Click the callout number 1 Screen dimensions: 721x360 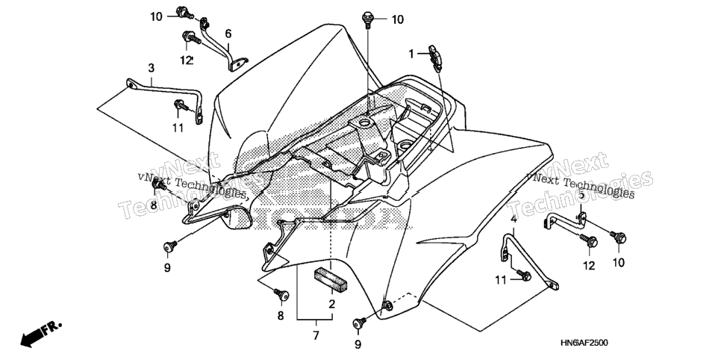point(411,55)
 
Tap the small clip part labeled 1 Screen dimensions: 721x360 point(435,58)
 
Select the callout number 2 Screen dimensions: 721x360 point(331,304)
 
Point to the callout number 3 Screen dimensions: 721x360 point(152,69)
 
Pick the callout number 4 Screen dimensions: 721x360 point(514,220)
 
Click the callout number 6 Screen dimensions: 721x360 point(228,34)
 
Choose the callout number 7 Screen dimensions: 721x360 point(316,335)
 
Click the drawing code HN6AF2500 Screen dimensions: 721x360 point(584,343)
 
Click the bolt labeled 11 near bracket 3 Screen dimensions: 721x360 point(181,106)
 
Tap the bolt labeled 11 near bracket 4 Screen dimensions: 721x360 point(524,276)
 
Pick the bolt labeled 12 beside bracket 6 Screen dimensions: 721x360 point(191,38)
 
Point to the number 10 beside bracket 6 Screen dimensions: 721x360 point(156,17)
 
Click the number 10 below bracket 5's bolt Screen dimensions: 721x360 point(619,263)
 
